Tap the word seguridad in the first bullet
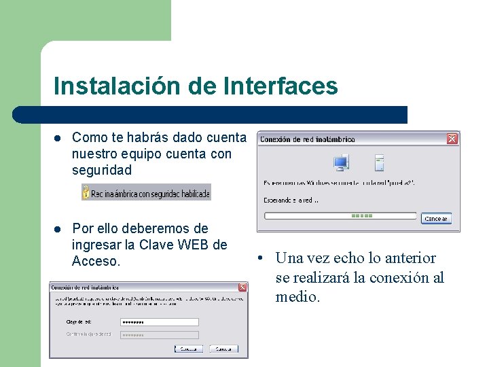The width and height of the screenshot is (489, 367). click(x=102, y=170)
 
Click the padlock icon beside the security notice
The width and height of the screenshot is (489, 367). click(x=86, y=193)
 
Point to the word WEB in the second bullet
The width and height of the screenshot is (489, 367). click(x=197, y=245)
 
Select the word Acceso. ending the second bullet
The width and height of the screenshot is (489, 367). click(x=96, y=261)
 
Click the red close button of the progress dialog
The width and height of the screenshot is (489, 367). click(x=452, y=139)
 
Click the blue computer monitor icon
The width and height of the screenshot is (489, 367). click(x=341, y=163)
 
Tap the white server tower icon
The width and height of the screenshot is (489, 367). click(x=380, y=162)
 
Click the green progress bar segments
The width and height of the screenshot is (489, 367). click(x=361, y=216)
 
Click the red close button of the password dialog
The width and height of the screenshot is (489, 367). click(x=242, y=287)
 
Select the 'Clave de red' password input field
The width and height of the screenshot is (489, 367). click(x=159, y=322)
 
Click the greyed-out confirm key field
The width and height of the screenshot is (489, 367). click(x=159, y=334)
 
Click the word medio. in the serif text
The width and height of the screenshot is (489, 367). click(x=297, y=297)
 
